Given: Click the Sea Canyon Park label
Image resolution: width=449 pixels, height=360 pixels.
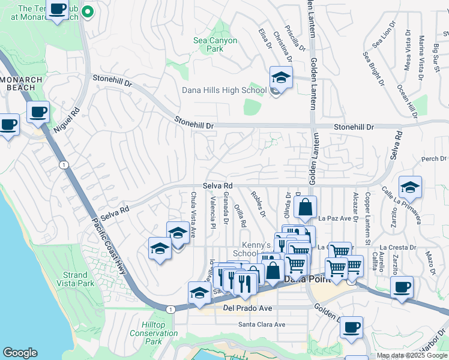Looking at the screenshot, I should (x=215, y=45).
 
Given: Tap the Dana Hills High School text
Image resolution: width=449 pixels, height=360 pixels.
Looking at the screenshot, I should (x=224, y=91).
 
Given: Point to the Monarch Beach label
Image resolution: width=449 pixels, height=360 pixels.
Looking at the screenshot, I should (x=21, y=83).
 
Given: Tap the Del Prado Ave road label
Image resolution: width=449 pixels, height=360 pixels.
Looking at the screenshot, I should (x=248, y=308).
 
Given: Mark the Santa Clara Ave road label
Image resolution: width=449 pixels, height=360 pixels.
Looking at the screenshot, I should (x=262, y=325).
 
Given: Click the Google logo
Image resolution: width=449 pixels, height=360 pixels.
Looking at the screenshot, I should (x=20, y=353).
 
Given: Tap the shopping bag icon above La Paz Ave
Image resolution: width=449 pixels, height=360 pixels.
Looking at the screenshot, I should (x=305, y=207).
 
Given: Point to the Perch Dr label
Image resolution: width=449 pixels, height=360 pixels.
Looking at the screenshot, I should (x=435, y=159).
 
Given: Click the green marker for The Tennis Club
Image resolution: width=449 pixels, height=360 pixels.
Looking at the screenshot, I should (x=88, y=11).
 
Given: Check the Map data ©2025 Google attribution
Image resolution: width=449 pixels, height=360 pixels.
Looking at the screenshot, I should (x=412, y=356).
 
